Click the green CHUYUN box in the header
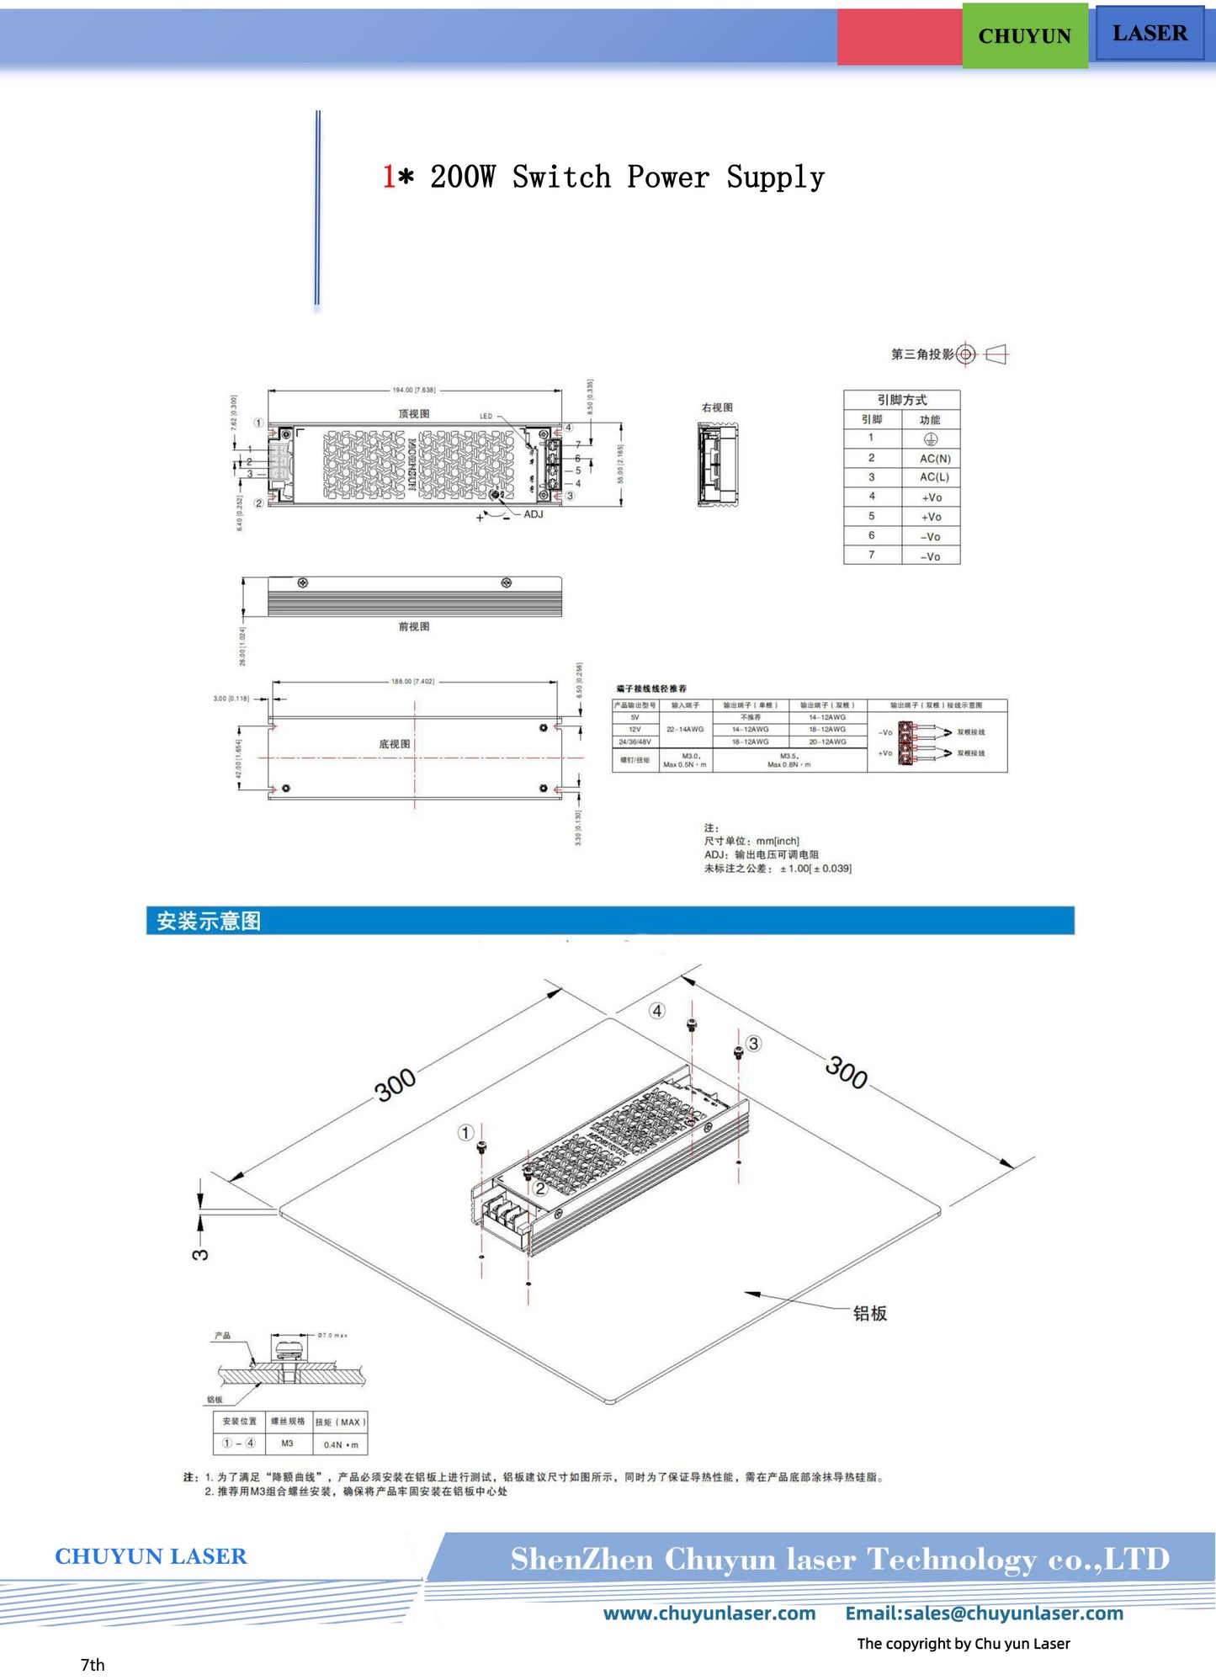pyautogui.click(x=1024, y=35)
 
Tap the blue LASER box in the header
pyautogui.click(x=1149, y=33)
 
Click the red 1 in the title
pyautogui.click(x=389, y=177)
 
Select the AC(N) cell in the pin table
pyautogui.click(x=934, y=459)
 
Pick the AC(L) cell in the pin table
pyautogui.click(x=934, y=477)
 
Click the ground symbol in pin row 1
pyautogui.click(x=930, y=439)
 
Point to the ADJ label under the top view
pyautogui.click(x=534, y=514)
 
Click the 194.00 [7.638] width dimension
pyautogui.click(x=414, y=390)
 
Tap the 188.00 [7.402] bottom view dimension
pyautogui.click(x=412, y=681)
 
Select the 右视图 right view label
pyautogui.click(x=717, y=407)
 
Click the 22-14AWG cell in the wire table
pyautogui.click(x=685, y=729)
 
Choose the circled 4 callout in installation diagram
pyautogui.click(x=657, y=1010)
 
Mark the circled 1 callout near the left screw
pyautogui.click(x=465, y=1132)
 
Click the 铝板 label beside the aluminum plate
pyautogui.click(x=869, y=1313)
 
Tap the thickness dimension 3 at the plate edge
pyautogui.click(x=200, y=1254)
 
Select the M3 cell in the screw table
pyautogui.click(x=287, y=1443)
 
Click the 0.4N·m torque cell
pyautogui.click(x=341, y=1444)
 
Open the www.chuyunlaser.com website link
pyautogui.click(x=709, y=1613)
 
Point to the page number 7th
pyautogui.click(x=93, y=1664)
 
